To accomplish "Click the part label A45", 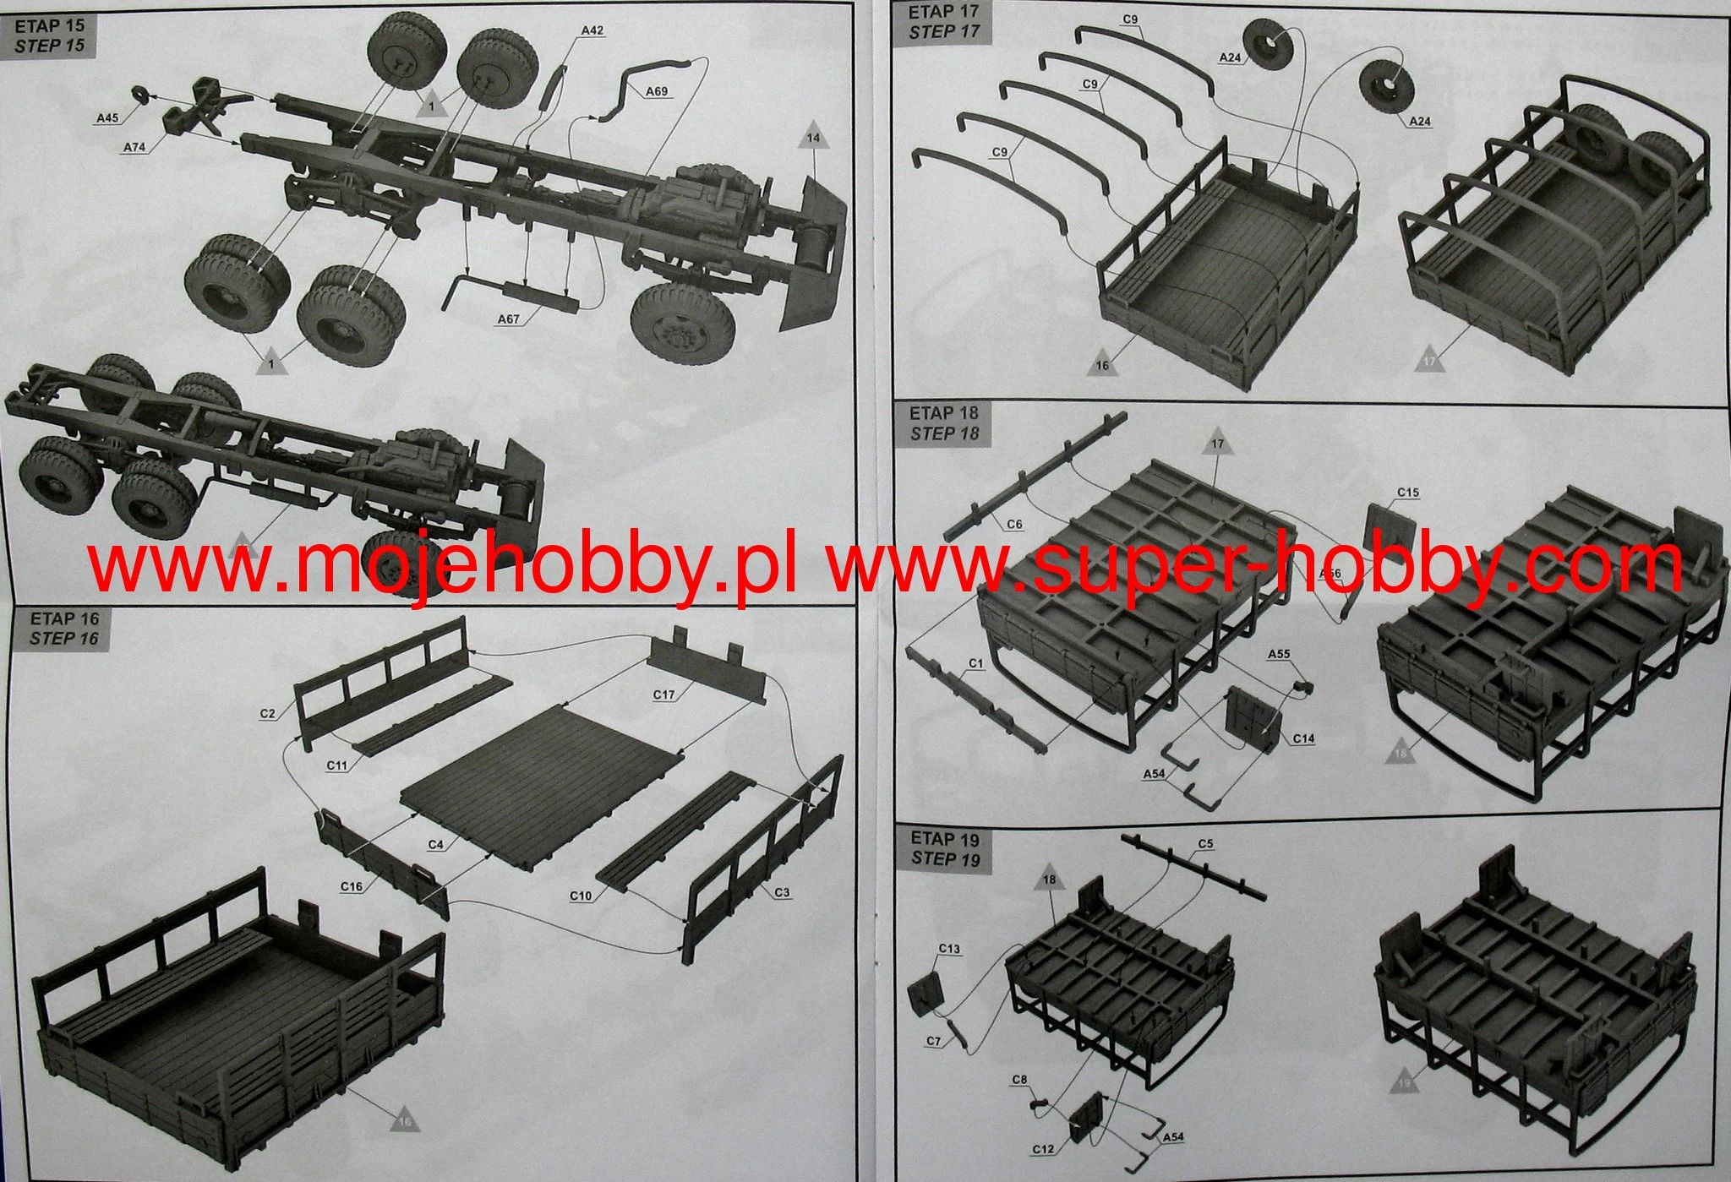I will click(x=107, y=118).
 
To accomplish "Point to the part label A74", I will click(x=134, y=147).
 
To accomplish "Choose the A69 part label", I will click(x=656, y=91).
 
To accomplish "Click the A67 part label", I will click(x=508, y=319).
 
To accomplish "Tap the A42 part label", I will click(x=592, y=30).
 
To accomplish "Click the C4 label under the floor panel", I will click(x=436, y=844).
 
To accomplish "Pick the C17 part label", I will click(x=664, y=694).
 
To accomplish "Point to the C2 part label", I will click(x=268, y=714).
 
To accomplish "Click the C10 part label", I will click(x=581, y=896).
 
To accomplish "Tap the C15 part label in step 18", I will click(x=1408, y=493).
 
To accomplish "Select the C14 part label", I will click(x=1303, y=738).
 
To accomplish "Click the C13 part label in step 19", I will click(x=949, y=949).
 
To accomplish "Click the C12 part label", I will click(x=1043, y=1149).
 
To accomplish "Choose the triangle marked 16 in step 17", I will click(x=1102, y=364).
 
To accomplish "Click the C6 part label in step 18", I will click(x=1014, y=525).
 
